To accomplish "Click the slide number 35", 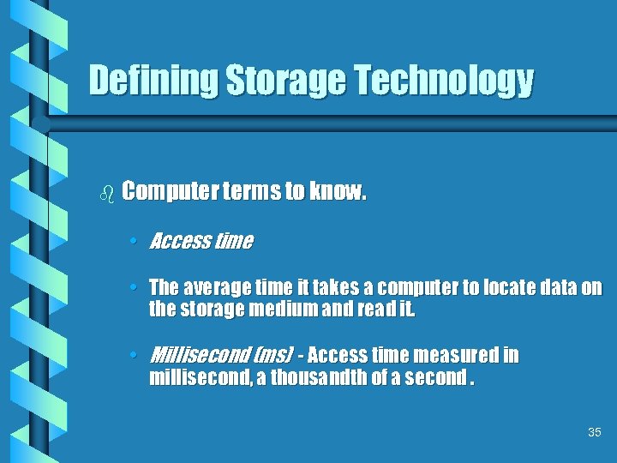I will pos(595,433).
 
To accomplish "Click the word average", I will pos(216,288).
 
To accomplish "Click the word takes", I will pos(343,288).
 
